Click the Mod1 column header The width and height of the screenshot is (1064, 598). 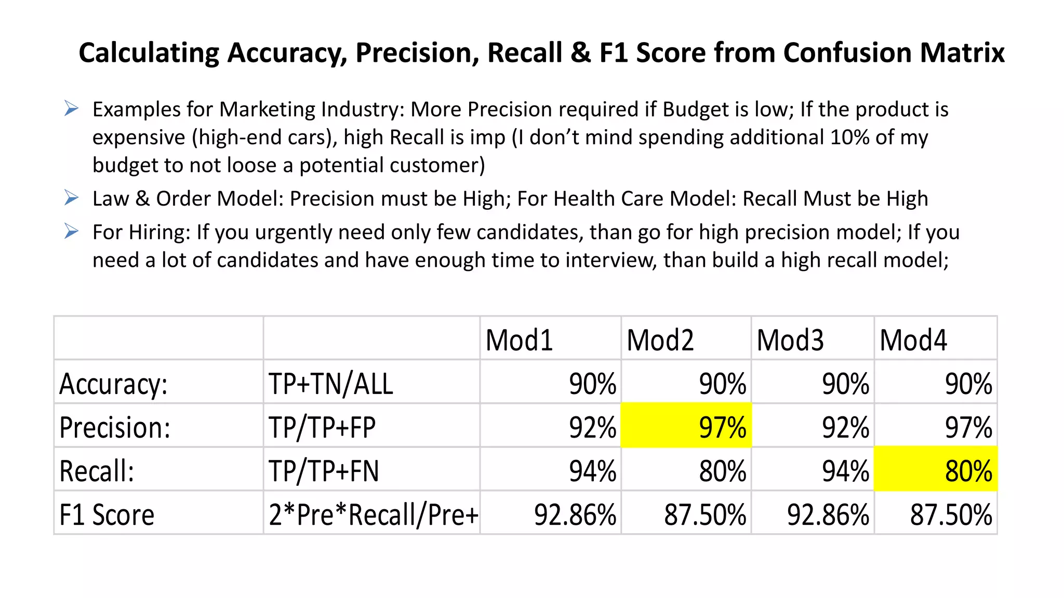click(519, 341)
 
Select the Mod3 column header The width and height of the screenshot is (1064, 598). click(790, 341)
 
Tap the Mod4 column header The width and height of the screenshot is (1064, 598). click(913, 341)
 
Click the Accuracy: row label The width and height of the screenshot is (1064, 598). click(113, 384)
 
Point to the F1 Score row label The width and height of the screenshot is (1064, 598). click(107, 515)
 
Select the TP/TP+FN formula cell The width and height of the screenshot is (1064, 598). click(324, 471)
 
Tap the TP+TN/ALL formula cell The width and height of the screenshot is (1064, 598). click(330, 384)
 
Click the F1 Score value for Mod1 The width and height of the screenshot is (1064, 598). click(575, 515)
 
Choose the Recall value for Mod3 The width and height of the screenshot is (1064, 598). click(845, 471)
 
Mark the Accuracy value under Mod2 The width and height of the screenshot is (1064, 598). click(722, 384)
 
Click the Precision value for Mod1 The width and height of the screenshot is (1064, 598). click(592, 428)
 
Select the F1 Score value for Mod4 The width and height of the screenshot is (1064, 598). click(951, 515)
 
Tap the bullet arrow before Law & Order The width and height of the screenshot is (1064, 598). click(71, 198)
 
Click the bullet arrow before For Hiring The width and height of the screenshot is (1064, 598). click(71, 232)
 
